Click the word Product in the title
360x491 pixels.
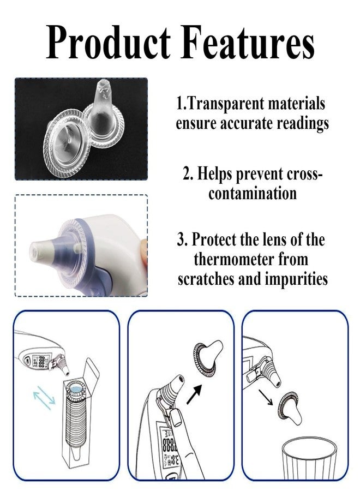tap(109, 42)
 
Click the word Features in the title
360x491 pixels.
tap(248, 42)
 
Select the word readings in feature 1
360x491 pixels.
tap(303, 124)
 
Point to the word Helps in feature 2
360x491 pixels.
tap(215, 174)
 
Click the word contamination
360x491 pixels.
tap(253, 194)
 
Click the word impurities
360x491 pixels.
tap(296, 279)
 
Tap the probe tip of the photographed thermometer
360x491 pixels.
tap(38, 251)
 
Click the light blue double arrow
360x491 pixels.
tap(44, 398)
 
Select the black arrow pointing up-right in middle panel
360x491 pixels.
tap(194, 394)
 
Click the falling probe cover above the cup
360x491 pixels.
tap(289, 407)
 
